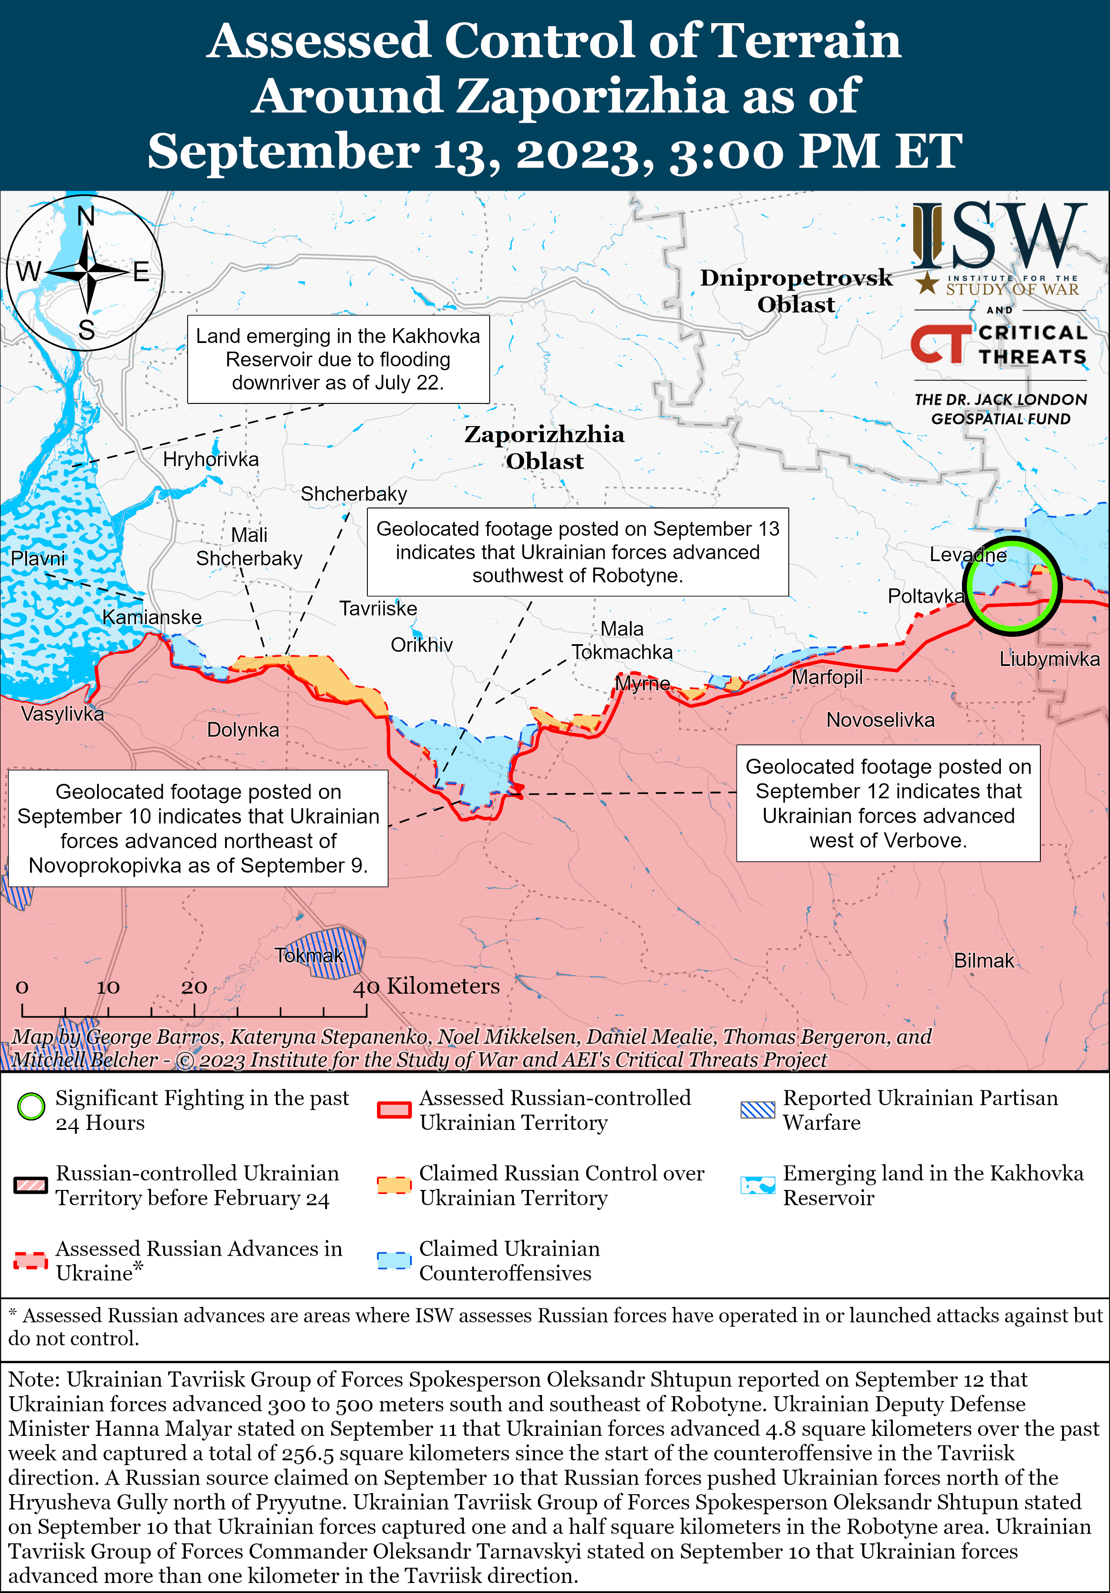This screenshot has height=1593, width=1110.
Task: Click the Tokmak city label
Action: click(309, 955)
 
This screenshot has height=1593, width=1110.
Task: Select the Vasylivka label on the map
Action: click(62, 713)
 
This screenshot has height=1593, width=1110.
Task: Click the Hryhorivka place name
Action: click(210, 459)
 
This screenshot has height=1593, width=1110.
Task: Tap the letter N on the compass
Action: click(86, 216)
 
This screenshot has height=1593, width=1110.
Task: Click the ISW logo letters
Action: click(999, 236)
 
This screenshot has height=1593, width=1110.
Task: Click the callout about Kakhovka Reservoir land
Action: click(338, 359)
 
